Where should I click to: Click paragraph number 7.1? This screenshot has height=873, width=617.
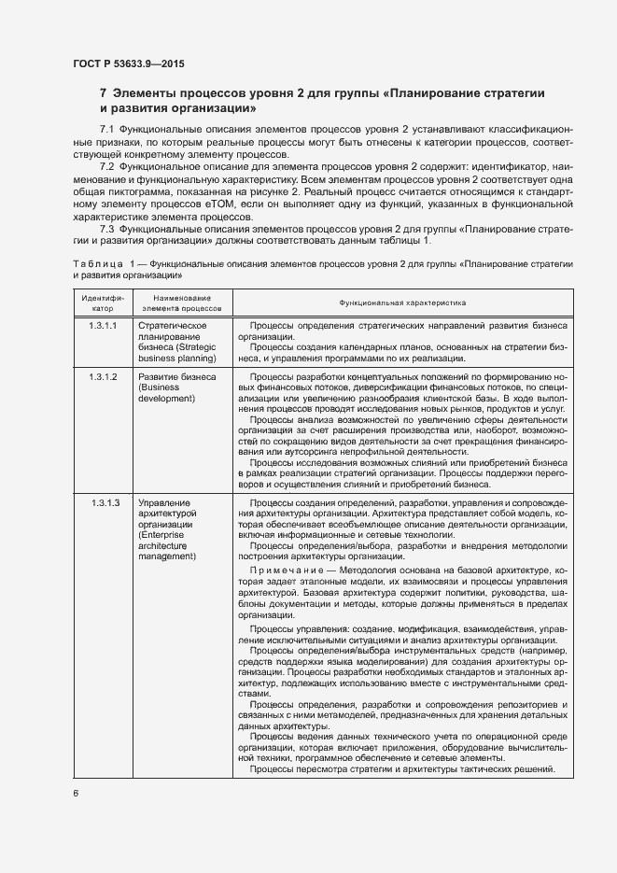[106, 127]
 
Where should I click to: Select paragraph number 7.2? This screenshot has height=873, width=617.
[106, 165]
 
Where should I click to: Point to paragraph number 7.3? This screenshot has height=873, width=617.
[106, 229]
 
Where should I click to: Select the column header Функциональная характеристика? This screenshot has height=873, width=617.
[402, 303]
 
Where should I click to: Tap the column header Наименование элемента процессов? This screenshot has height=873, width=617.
[182, 303]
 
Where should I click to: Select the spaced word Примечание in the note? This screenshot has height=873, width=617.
[283, 570]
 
